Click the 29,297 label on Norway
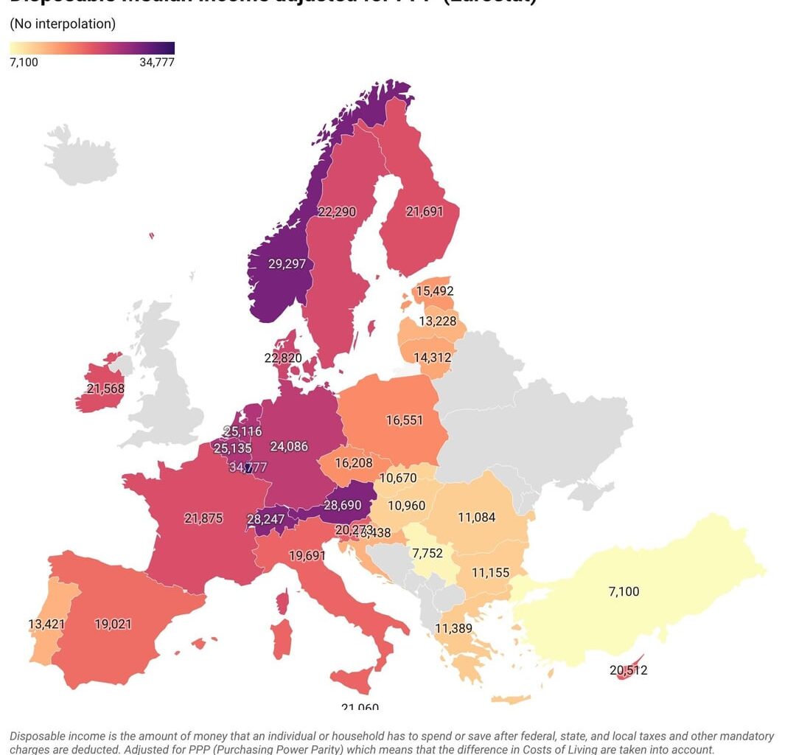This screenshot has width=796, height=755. (x=287, y=263)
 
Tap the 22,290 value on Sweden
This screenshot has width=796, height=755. (x=337, y=212)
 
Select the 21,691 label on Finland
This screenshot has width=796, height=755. (x=425, y=211)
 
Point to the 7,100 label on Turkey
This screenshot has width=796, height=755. (x=624, y=591)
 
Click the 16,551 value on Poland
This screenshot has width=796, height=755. (x=405, y=420)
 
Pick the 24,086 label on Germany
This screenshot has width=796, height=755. (x=289, y=446)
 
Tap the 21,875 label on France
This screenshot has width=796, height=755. (x=203, y=518)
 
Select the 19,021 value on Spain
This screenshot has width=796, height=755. (x=114, y=624)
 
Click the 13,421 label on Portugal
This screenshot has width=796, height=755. (x=46, y=624)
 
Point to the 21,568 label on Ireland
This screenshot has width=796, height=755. (x=105, y=389)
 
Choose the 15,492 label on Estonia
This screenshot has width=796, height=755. (x=435, y=291)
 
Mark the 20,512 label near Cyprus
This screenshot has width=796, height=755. (x=629, y=670)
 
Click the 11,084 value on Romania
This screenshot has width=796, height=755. (x=476, y=518)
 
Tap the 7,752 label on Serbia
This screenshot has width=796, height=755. (x=427, y=553)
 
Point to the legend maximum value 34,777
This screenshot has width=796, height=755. (x=157, y=63)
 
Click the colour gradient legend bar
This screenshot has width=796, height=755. (x=92, y=48)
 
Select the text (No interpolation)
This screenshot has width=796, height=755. (x=63, y=24)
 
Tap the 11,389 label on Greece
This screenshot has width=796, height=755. (x=453, y=628)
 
